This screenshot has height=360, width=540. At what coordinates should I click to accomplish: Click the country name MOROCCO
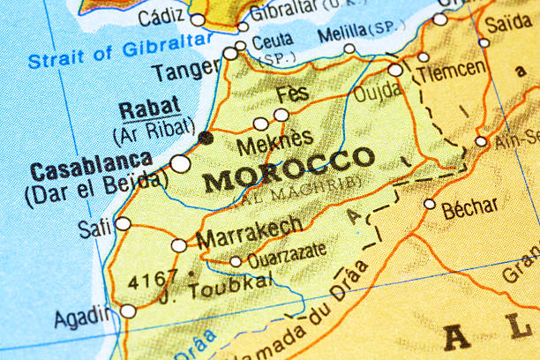(x=289, y=170)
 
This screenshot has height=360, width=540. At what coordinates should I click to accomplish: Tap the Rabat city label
(x=149, y=109)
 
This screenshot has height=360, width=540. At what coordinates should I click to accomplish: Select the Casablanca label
(x=91, y=165)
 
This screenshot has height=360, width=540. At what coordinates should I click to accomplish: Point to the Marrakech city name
(x=250, y=233)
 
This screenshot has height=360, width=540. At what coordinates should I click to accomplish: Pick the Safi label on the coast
(x=94, y=228)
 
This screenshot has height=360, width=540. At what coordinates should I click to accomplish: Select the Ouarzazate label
(x=287, y=255)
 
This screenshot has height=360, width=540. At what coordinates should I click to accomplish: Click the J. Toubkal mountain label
(x=217, y=283)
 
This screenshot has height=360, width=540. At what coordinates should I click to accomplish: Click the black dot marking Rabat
(x=206, y=138)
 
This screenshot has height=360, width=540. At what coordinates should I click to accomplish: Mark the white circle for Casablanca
(x=181, y=163)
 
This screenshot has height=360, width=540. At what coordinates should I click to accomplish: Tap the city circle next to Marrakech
(x=179, y=245)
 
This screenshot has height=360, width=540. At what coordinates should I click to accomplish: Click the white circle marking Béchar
(x=430, y=204)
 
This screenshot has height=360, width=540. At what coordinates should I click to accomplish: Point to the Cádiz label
(x=161, y=19)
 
